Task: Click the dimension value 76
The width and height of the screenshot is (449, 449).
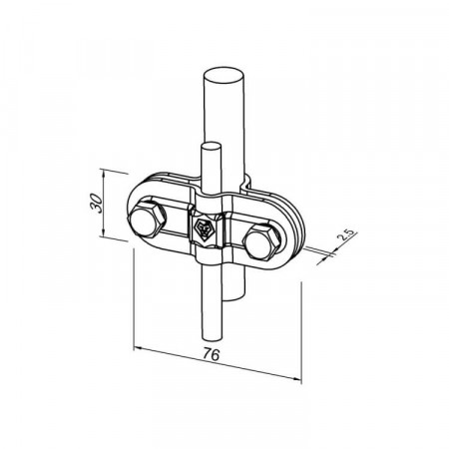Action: [212, 354]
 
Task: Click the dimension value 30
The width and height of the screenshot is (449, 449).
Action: [97, 203]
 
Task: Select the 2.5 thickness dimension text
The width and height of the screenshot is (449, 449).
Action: [346, 233]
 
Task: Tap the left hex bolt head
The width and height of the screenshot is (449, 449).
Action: [147, 220]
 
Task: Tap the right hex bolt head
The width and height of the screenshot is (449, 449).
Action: [262, 241]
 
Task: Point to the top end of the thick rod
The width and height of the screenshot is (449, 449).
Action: [224, 76]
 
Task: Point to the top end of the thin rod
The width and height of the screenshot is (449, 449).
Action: [211, 146]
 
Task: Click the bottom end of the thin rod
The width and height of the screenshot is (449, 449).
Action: [211, 337]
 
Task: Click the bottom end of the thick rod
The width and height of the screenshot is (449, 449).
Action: [233, 298]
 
